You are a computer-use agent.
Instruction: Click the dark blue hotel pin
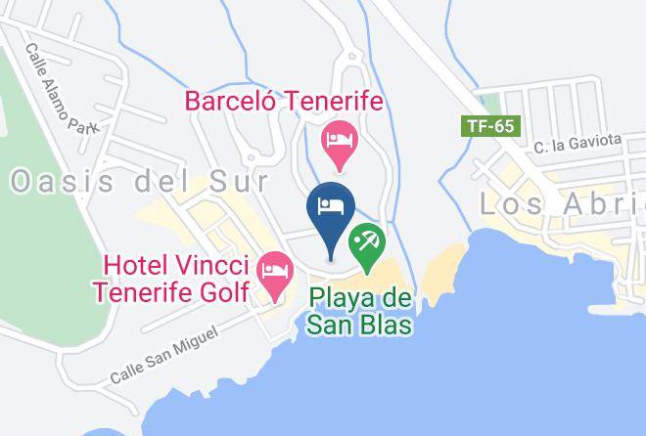(x=330, y=208)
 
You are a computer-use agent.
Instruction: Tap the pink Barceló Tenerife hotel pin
(x=341, y=139)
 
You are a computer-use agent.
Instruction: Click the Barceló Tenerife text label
(x=283, y=101)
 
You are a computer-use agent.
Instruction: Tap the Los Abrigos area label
(x=563, y=203)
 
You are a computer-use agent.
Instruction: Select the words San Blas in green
(x=360, y=325)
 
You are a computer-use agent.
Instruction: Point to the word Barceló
(x=226, y=101)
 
